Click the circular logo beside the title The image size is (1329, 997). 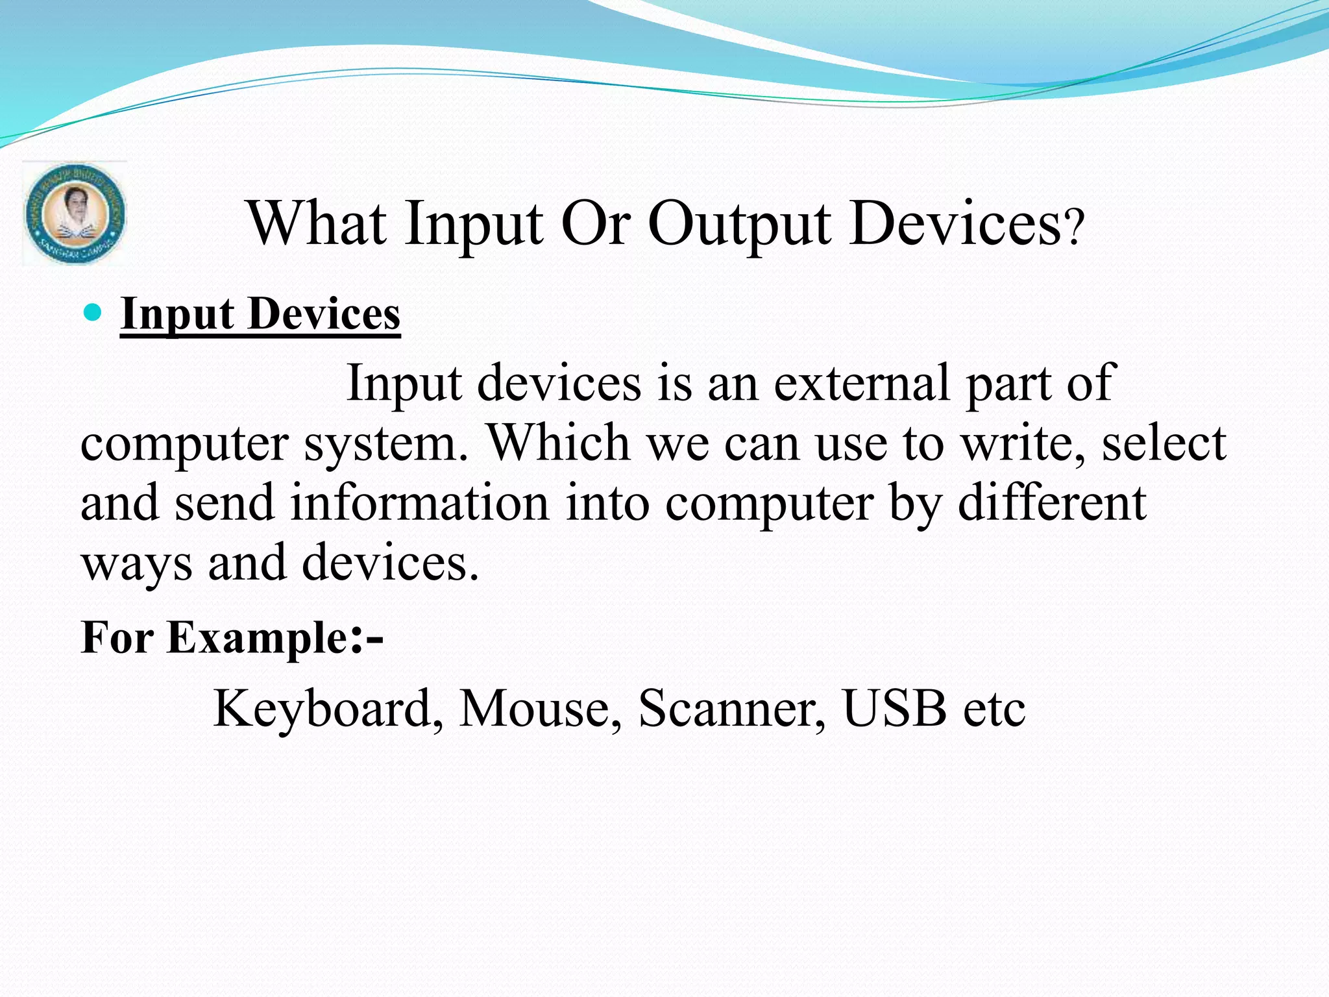point(75,214)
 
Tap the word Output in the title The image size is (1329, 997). point(739,224)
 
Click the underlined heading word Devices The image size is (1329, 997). point(324,314)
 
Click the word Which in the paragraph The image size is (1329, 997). point(559,443)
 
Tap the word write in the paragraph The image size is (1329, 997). point(1023,443)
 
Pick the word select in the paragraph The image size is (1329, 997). point(1164,443)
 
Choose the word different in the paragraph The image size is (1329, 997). point(1051,503)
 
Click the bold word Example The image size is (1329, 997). point(259,637)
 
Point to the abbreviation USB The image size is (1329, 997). point(894,708)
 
